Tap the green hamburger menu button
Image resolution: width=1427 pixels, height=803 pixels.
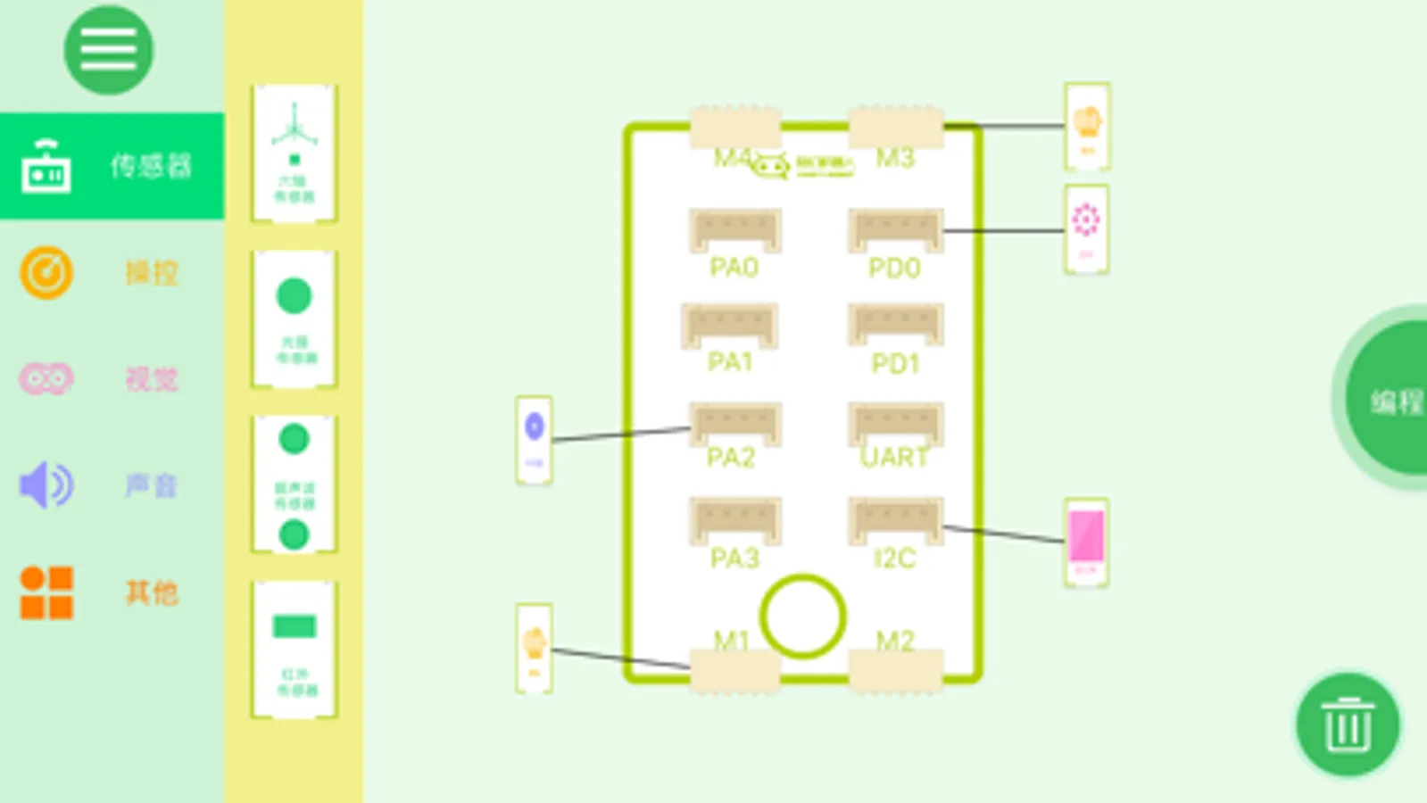[108, 50]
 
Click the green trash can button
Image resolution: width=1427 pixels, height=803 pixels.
[1347, 724]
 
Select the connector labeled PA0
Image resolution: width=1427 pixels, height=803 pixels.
[734, 231]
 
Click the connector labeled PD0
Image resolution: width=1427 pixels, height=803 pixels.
[895, 231]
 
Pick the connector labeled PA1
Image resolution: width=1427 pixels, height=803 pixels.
[729, 326]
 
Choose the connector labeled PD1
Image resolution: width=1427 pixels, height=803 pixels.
[895, 326]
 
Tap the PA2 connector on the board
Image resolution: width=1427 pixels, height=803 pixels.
[734, 424]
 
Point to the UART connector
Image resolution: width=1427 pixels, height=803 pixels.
[895, 424]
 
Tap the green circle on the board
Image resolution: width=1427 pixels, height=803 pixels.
[802, 617]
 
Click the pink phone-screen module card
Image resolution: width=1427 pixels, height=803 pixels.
[1086, 542]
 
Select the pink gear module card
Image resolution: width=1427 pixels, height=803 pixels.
[1086, 228]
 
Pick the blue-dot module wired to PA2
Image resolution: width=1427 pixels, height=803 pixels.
[534, 439]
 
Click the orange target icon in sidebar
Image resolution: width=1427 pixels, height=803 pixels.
[46, 272]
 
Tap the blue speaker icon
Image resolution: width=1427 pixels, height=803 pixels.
[46, 485]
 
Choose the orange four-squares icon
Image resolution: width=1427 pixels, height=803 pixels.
[46, 592]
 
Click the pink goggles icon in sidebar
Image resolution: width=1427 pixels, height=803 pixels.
[46, 379]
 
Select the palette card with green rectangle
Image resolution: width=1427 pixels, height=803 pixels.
[295, 649]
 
